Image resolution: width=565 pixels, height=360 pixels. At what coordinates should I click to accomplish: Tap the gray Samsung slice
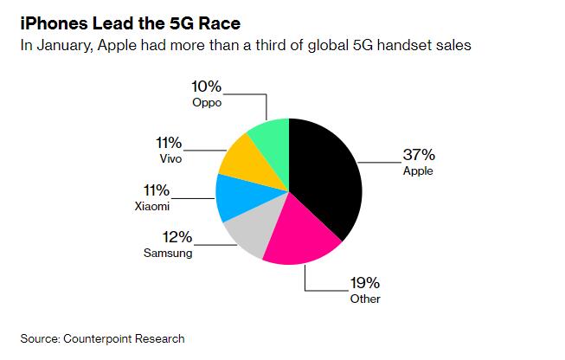point(250,231)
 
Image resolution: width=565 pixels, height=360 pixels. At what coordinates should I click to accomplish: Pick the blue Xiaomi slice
point(234,196)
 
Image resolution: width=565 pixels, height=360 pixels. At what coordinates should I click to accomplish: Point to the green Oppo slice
point(268,138)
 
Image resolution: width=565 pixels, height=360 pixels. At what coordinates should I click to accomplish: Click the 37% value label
point(418,156)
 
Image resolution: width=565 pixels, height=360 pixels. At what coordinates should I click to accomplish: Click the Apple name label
point(419,171)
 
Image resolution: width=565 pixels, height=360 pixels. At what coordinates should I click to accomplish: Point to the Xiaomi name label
point(153,207)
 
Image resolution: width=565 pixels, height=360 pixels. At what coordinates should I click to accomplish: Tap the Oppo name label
point(208,103)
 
